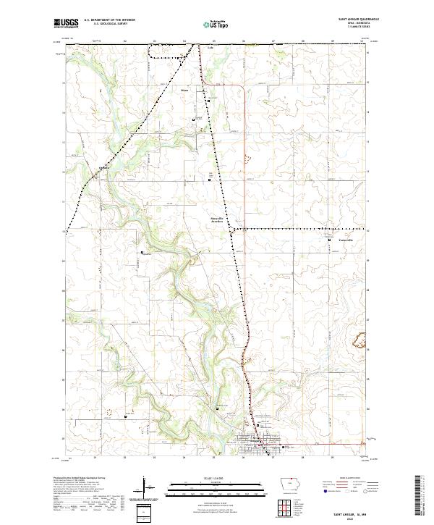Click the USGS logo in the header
[x=67, y=24]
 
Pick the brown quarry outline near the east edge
[x=357, y=337]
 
